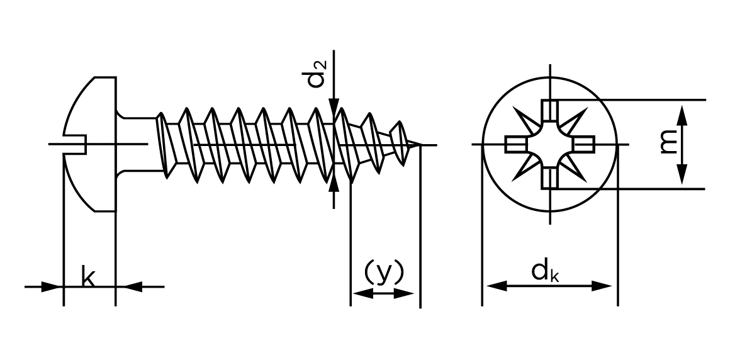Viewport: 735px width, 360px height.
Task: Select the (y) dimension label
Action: (383, 272)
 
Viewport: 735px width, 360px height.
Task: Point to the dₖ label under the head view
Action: (545, 272)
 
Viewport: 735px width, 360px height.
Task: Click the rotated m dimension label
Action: (668, 144)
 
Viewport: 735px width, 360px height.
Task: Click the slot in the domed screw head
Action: (75, 145)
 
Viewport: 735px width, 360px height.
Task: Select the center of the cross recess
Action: (550, 145)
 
